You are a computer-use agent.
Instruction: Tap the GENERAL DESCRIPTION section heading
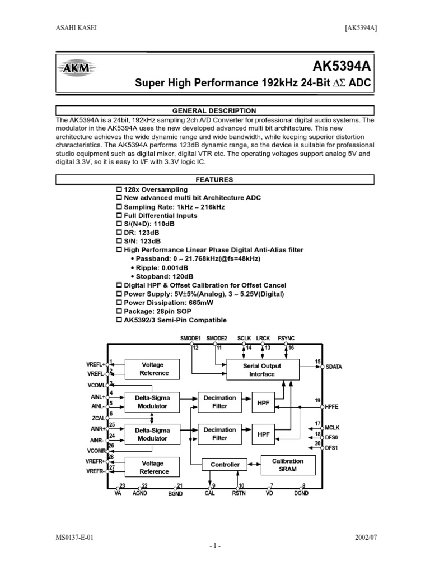click(x=215, y=110)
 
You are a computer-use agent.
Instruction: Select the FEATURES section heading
click(x=215, y=180)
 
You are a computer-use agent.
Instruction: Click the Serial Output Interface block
click(x=262, y=370)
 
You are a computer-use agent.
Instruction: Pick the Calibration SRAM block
click(x=288, y=465)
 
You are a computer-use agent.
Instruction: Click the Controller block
click(x=225, y=465)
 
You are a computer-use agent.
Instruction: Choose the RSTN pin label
click(x=240, y=494)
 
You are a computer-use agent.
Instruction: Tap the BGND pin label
click(x=175, y=494)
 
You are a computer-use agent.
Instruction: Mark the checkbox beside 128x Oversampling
click(x=119, y=191)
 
